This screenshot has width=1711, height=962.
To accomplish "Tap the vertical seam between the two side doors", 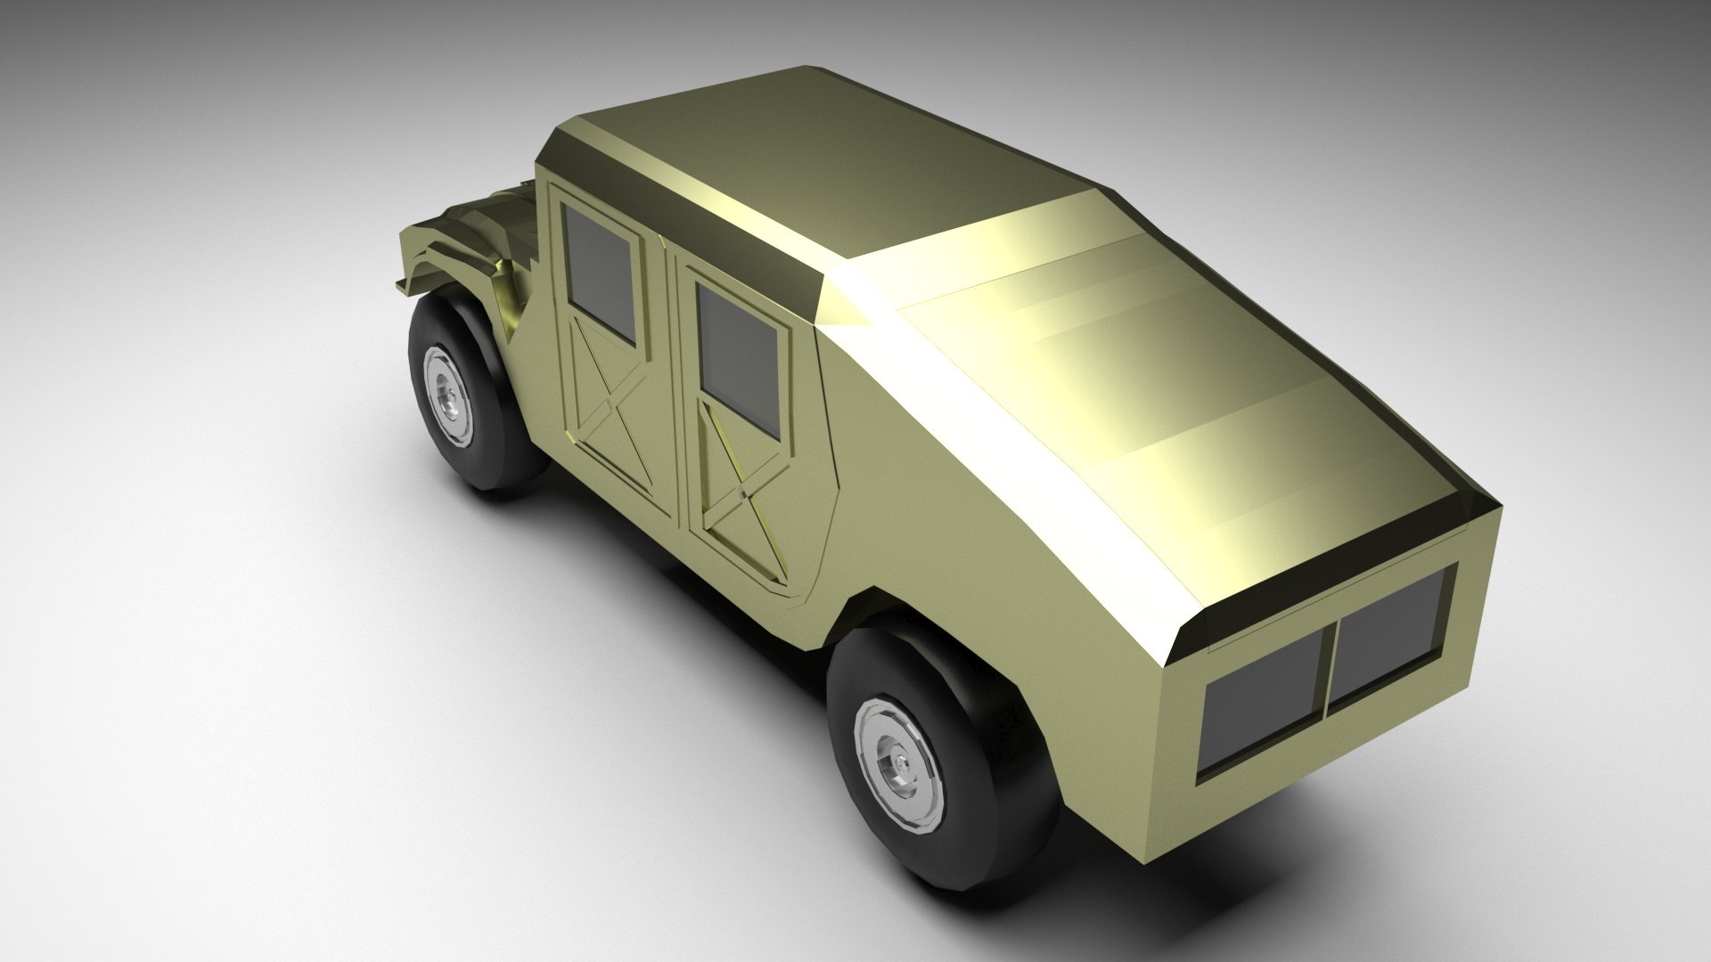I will (669, 383).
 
